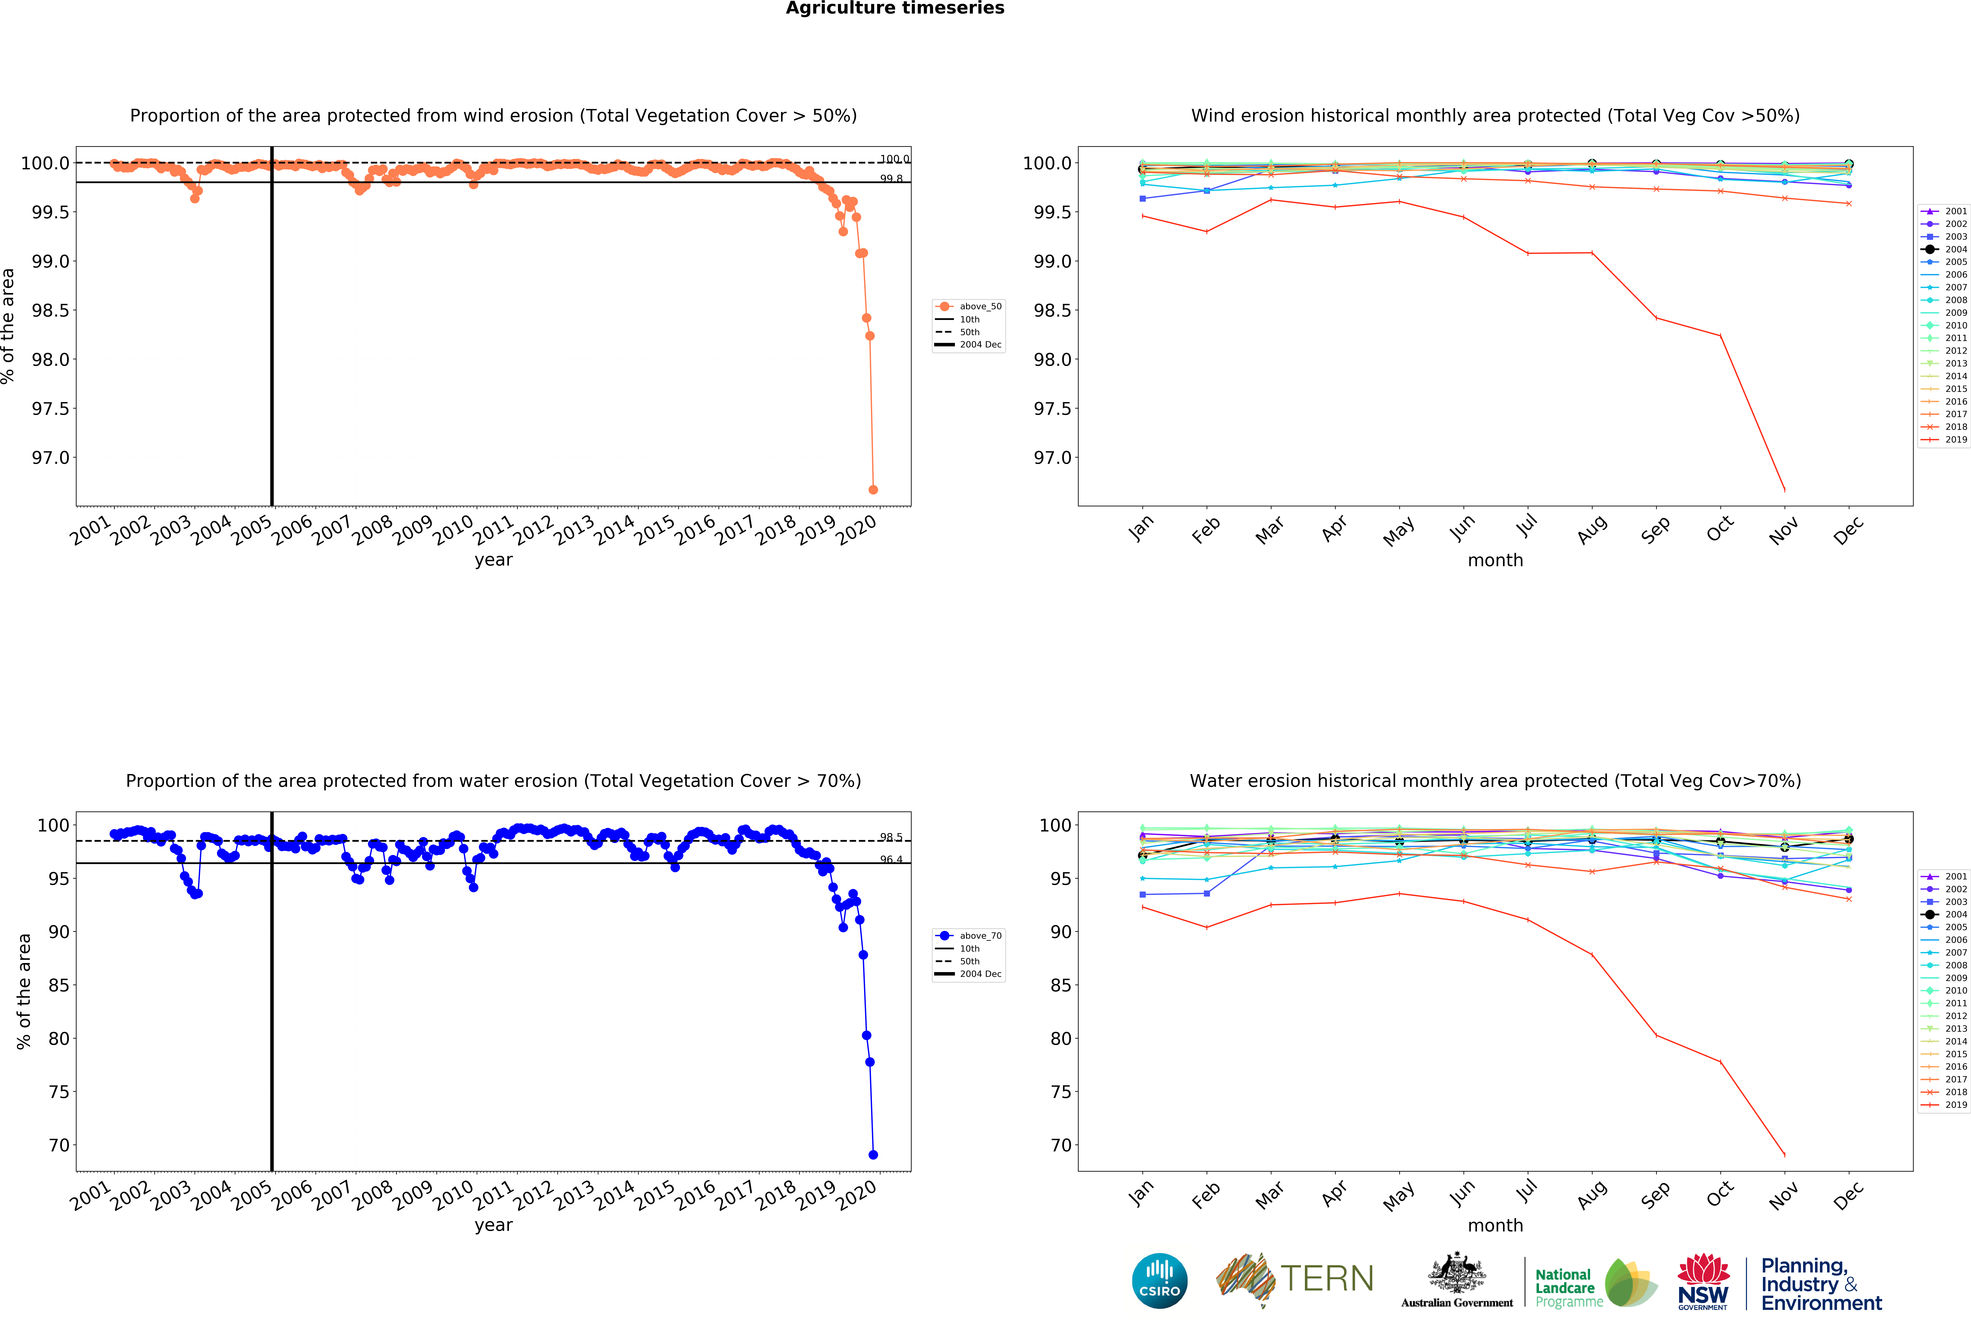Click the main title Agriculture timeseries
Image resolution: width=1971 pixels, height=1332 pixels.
[x=895, y=9]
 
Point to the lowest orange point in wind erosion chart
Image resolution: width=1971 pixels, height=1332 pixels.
[x=873, y=489]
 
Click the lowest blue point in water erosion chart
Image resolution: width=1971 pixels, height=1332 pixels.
[x=873, y=1155]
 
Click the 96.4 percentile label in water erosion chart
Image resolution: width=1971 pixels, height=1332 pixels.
[x=891, y=859]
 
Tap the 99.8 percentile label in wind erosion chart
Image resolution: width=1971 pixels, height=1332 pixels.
[x=891, y=179]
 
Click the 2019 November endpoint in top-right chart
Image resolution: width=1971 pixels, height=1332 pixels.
[x=1784, y=489]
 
